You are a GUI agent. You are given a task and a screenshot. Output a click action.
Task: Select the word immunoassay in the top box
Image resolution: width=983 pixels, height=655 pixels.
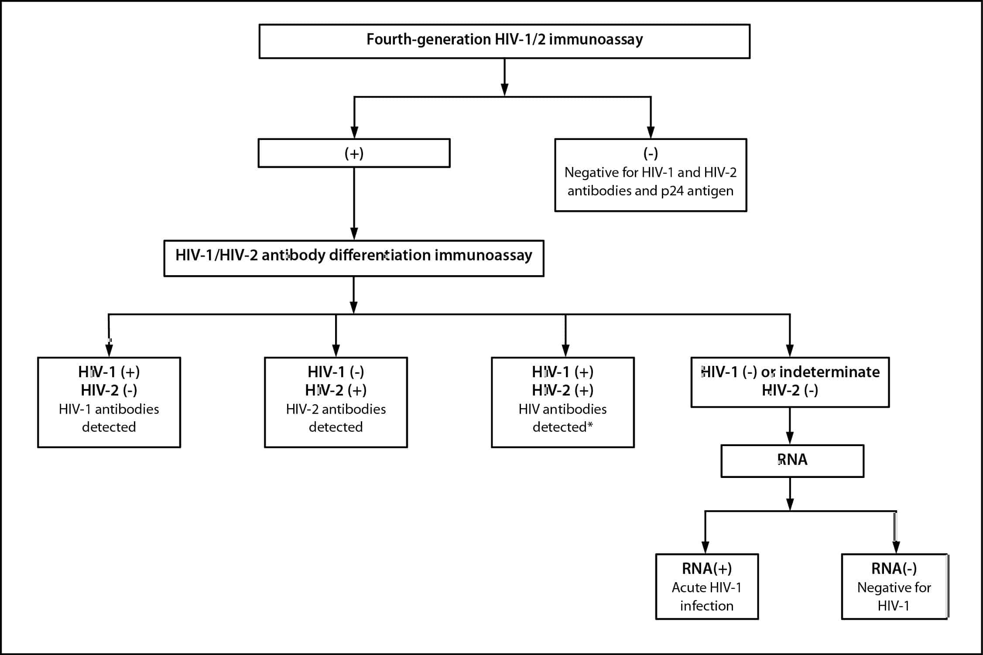tap(596, 40)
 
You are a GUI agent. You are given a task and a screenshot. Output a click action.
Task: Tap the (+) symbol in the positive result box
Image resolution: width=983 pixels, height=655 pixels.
tap(354, 154)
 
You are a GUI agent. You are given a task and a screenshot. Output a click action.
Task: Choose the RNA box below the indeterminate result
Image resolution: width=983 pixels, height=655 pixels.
tap(792, 460)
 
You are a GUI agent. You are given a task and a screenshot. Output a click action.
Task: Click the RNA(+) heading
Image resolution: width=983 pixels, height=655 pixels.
tap(706, 569)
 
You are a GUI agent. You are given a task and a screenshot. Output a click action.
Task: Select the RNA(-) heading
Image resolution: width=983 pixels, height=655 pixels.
tap(894, 569)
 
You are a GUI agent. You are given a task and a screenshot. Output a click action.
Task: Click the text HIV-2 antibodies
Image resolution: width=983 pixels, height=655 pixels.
tap(336, 409)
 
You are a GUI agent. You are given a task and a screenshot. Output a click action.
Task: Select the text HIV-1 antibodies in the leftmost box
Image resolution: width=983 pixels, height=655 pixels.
tap(109, 409)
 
